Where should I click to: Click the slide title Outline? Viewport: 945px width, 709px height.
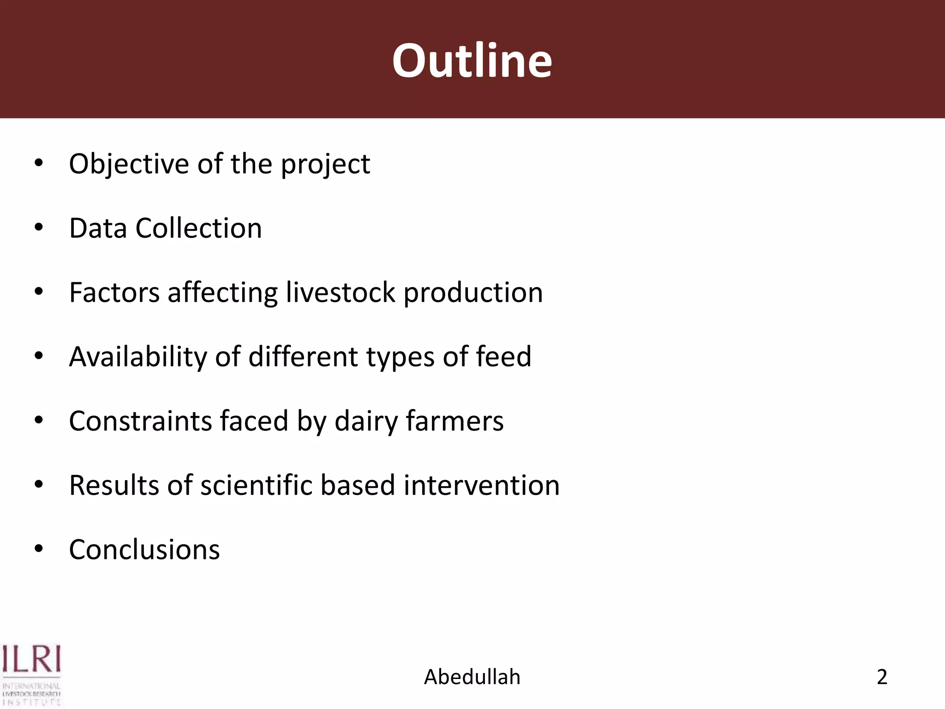(x=472, y=60)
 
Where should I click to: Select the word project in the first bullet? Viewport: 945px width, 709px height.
(x=325, y=165)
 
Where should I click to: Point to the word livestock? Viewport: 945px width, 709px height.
(x=341, y=293)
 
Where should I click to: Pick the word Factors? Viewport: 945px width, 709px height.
(x=114, y=293)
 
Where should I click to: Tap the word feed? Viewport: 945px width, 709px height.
(x=503, y=357)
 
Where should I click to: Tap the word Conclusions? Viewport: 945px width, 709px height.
(x=144, y=550)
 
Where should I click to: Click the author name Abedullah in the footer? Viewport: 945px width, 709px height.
(x=472, y=677)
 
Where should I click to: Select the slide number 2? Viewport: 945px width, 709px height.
(x=882, y=677)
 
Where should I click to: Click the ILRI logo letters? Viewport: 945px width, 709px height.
(x=31, y=659)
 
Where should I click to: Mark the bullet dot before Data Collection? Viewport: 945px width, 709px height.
(x=39, y=228)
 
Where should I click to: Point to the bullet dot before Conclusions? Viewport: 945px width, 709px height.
(x=39, y=549)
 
